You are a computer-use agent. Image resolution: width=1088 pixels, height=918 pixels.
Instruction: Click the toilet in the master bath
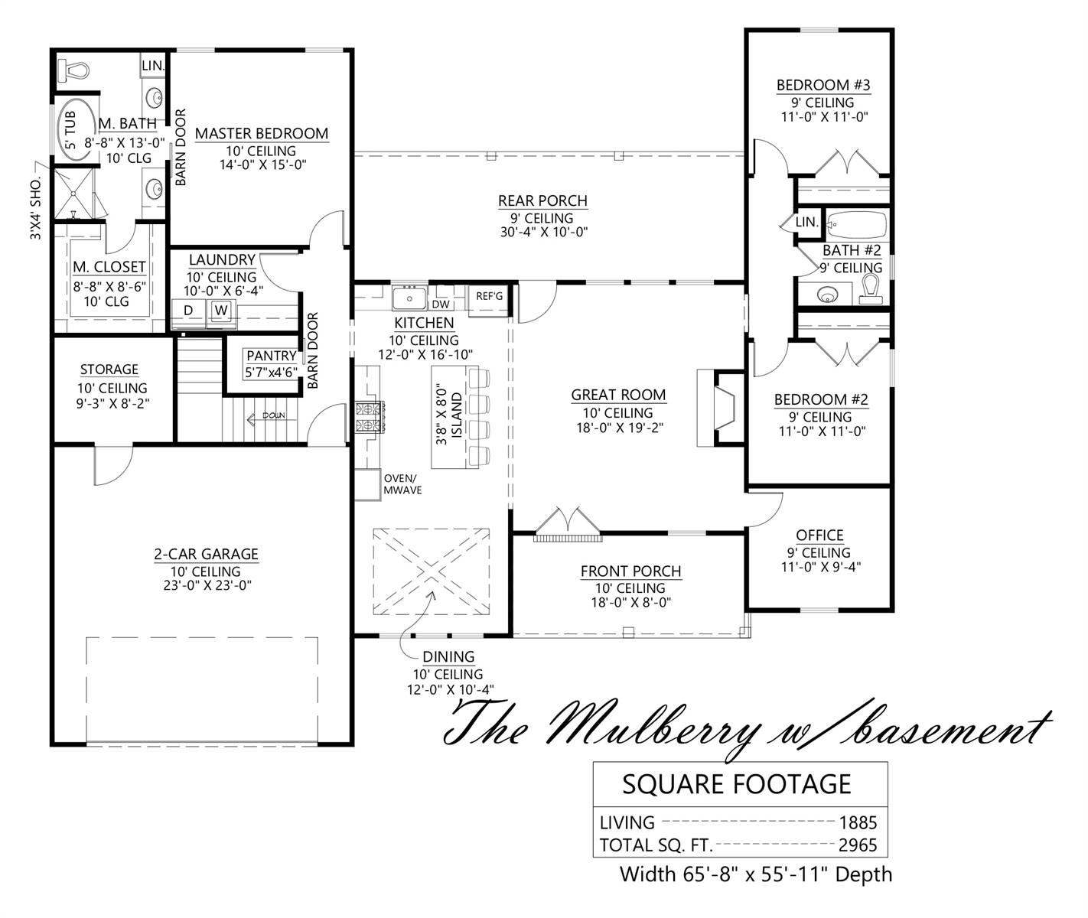[73, 70]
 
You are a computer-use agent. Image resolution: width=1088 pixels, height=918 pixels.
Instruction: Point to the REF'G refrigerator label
[489, 296]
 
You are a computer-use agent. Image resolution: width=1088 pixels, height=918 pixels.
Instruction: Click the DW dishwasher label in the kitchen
[440, 304]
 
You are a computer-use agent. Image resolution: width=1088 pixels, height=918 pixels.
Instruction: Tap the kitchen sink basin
[409, 298]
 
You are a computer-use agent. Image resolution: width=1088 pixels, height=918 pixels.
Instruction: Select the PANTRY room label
[272, 356]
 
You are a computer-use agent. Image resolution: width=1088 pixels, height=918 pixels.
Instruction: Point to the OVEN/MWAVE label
[402, 484]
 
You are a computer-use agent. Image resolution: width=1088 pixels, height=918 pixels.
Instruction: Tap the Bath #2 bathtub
[857, 225]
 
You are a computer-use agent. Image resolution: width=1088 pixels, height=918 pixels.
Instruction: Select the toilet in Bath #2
[870, 290]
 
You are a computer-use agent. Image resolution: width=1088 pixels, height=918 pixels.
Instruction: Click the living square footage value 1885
[858, 822]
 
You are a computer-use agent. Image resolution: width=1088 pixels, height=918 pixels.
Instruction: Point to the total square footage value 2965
[858, 845]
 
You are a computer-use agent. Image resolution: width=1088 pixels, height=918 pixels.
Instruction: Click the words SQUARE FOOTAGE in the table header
[737, 785]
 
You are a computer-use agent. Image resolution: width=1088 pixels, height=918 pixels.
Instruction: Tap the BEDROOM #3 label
[823, 85]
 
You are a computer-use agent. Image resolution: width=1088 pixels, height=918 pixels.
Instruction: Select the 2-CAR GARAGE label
[207, 554]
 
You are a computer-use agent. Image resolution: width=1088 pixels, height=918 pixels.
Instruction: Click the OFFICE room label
[819, 535]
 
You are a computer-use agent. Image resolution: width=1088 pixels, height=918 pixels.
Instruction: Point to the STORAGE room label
[109, 369]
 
